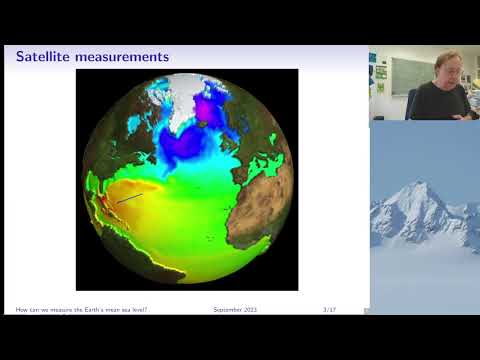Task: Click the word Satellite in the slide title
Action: click(46, 57)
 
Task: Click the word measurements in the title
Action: click(124, 57)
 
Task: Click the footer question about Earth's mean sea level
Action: click(82, 310)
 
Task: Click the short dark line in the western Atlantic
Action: click(127, 200)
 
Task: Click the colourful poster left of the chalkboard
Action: click(380, 71)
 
